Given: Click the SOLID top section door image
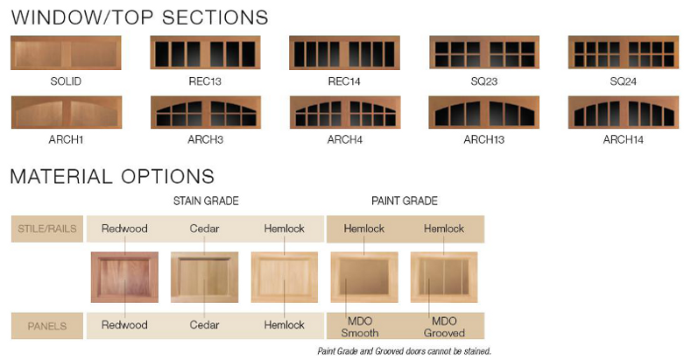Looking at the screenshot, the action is coord(66,53).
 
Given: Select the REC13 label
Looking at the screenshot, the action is coord(205,81).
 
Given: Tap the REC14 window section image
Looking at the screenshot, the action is coord(344,53).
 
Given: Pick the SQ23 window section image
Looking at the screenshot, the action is coord(484,53).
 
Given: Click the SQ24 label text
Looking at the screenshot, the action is coord(624,81).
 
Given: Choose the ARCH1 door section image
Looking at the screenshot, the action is coord(67,112).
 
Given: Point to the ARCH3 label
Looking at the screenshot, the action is coord(205,139).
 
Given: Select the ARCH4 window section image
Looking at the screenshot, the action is coord(345,112).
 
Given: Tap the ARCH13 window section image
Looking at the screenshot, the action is coord(484,112).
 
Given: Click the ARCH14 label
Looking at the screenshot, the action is coord(624,139).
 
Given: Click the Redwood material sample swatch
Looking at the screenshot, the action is coord(124,277).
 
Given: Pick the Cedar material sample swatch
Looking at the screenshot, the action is coord(204,277).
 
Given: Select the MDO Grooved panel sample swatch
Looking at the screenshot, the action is coord(444,277).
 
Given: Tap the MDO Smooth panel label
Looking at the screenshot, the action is coord(360,327).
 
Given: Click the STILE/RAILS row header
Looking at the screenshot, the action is coord(47,229).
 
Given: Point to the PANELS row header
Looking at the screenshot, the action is coord(47,326).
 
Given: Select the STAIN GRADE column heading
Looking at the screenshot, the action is coord(206,201).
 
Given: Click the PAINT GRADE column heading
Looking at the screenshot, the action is coord(405,201).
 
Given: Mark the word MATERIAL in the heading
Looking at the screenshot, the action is coord(61,176).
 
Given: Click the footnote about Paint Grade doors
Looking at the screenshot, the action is coord(404,351).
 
